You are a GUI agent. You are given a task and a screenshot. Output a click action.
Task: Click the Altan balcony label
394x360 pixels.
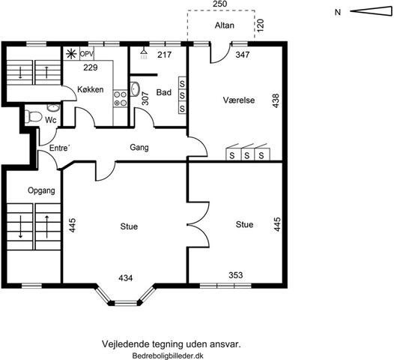225,25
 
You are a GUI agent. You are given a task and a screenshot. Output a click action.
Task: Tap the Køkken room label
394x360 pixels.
90,89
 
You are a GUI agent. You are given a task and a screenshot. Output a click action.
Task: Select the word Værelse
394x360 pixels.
239,100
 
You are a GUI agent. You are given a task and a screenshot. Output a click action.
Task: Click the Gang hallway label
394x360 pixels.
139,148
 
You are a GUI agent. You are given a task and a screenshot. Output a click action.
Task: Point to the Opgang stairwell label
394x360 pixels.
41,190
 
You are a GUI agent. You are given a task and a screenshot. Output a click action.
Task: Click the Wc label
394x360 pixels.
51,120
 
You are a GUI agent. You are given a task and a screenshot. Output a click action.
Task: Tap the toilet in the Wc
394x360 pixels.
34,116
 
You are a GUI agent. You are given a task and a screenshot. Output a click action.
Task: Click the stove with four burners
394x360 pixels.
120,98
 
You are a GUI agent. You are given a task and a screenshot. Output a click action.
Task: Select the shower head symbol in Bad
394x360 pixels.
144,54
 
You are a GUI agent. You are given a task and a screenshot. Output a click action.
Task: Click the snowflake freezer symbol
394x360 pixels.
71,54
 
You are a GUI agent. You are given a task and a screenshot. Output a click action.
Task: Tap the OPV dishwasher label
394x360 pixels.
87,54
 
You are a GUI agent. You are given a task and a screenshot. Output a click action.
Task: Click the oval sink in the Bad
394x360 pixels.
135,88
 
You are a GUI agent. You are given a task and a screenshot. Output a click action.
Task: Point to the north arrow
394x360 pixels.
371,11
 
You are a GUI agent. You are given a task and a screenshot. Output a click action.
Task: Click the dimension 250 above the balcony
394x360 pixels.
220,4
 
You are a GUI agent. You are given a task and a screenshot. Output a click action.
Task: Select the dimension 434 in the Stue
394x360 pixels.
126,278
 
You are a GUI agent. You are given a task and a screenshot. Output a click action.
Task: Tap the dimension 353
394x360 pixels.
236,275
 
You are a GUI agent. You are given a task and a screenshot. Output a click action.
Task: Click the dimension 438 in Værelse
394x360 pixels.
276,100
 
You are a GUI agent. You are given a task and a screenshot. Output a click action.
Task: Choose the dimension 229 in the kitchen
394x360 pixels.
91,67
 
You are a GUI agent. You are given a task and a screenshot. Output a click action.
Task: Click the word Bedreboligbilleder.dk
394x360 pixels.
168,356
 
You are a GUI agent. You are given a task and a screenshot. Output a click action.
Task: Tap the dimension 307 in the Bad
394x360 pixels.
145,98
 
